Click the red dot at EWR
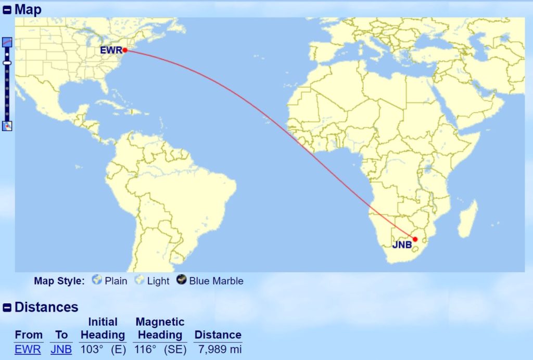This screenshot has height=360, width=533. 125,50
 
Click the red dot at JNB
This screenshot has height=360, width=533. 415,239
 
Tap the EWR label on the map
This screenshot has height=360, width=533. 112,50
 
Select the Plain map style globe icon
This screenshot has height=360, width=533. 97,280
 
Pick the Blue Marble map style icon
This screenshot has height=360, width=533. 182,280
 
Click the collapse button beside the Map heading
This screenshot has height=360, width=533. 7,10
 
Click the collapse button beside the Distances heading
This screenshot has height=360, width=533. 7,307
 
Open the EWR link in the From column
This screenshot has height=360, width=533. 28,349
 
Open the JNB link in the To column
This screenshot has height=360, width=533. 61,349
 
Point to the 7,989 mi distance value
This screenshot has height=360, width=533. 220,349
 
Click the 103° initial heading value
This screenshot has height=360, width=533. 92,349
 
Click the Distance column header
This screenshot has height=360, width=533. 218,335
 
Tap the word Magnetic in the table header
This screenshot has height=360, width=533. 160,322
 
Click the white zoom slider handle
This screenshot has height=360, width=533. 7,62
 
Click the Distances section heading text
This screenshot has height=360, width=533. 46,307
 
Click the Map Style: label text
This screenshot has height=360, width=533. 59,281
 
